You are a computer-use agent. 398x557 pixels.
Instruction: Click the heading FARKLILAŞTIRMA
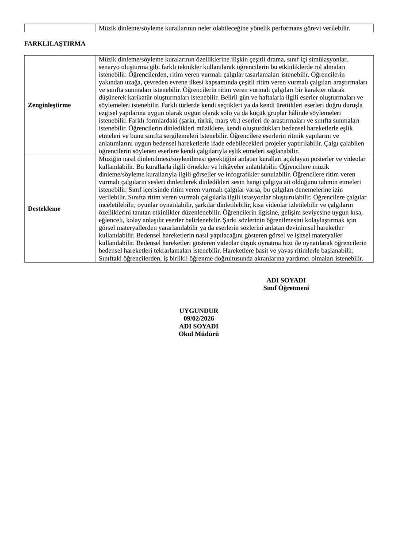[x=55, y=44]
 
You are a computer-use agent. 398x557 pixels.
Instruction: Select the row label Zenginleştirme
[x=49, y=105]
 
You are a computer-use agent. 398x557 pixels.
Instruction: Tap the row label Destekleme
[x=44, y=209]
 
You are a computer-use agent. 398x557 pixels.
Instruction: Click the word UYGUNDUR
[x=199, y=311]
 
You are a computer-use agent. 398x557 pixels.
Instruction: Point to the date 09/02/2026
[x=199, y=318]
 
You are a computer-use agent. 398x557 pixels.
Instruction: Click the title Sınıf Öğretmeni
[x=286, y=288]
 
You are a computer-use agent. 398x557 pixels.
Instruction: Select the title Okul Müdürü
[x=199, y=334]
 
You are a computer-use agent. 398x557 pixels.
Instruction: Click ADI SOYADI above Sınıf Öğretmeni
[x=286, y=280]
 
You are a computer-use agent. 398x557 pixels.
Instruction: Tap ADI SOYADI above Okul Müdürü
[x=199, y=326]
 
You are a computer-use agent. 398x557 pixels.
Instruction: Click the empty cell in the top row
[x=60, y=28]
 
